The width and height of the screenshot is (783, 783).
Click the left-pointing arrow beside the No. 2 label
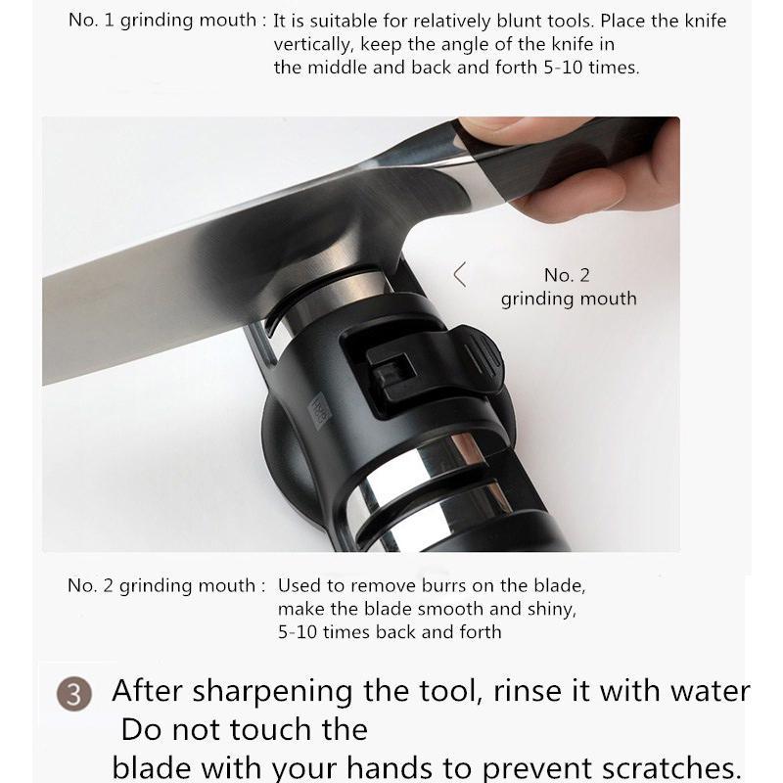pos(460,274)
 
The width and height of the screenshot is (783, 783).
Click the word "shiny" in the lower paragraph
pos(550,609)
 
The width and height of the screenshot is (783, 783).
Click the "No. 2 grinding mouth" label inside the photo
pos(568,287)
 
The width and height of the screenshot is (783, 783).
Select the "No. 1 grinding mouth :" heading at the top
pos(167,20)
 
